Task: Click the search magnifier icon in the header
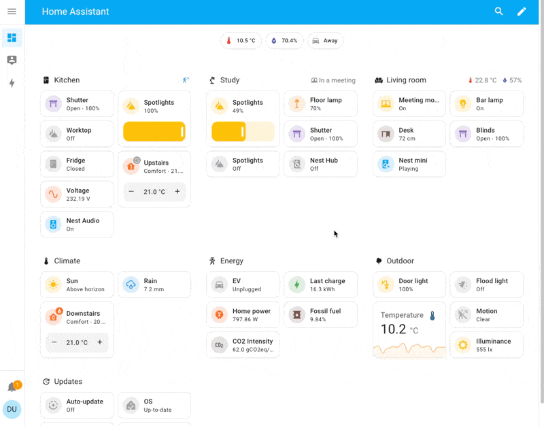499,12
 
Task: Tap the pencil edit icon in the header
522,12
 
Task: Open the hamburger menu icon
12,12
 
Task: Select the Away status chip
325,41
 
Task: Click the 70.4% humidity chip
284,41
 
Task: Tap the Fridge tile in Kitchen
77,164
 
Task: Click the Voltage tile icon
53,194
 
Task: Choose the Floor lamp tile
320,104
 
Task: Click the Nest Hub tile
320,164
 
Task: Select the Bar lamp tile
486,104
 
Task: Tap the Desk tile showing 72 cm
409,134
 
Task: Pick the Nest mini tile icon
386,164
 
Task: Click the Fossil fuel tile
320,315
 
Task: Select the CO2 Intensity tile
243,345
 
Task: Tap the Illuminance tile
486,345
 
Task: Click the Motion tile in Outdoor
486,315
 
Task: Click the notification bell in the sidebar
12,387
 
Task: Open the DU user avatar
12,410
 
